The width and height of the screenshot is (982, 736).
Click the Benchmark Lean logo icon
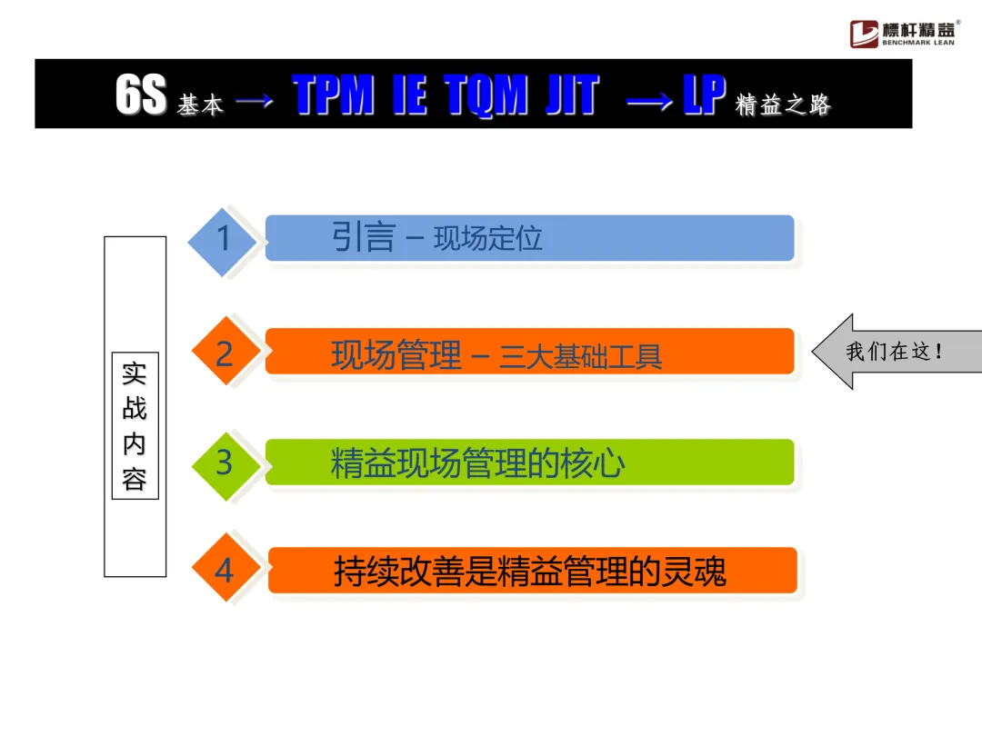click(x=864, y=34)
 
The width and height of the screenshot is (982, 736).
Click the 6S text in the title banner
click(x=140, y=95)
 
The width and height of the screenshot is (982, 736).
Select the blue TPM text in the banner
click(x=333, y=95)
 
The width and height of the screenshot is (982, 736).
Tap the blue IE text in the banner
click(x=409, y=95)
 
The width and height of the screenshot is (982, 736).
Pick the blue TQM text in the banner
click(x=486, y=95)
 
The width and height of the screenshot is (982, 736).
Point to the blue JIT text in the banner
click(x=572, y=95)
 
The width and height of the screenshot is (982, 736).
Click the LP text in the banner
click(x=704, y=95)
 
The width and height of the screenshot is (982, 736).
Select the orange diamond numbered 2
click(x=225, y=353)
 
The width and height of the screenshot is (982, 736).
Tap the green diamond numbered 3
click(x=225, y=463)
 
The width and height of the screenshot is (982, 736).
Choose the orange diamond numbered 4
click(x=225, y=571)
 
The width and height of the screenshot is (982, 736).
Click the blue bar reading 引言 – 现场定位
click(x=529, y=238)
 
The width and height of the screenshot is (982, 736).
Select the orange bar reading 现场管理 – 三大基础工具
click(x=529, y=352)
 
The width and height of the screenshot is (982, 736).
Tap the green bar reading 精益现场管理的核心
click(x=529, y=463)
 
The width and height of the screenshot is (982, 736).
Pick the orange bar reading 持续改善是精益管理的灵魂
click(x=532, y=572)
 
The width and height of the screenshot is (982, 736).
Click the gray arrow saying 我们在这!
click(x=897, y=352)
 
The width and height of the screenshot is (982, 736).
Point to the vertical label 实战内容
click(x=135, y=426)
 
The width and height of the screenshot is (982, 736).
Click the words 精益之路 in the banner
click(x=783, y=105)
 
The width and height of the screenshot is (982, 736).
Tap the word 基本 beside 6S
click(x=200, y=105)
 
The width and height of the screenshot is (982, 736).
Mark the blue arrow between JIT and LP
click(x=651, y=101)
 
